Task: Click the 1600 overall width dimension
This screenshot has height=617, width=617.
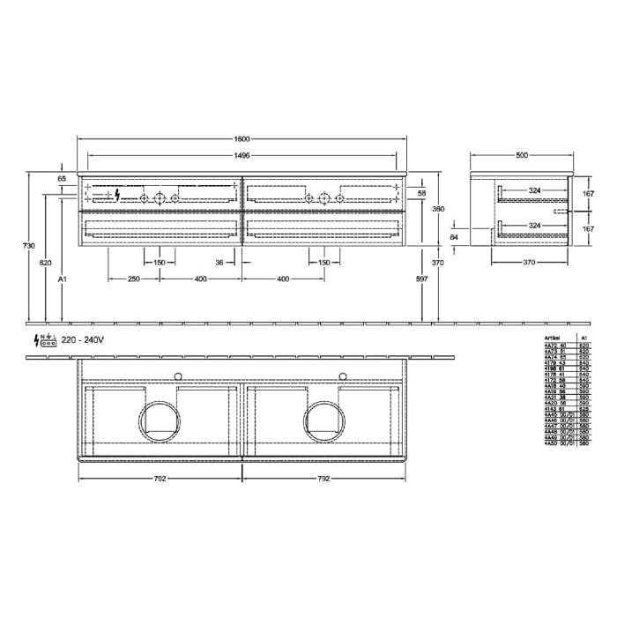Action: pyautogui.click(x=242, y=138)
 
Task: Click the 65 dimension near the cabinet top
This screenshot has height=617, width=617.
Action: pyautogui.click(x=62, y=179)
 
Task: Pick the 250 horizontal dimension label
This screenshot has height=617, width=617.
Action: pyautogui.click(x=133, y=279)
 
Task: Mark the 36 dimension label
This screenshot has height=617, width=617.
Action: pyautogui.click(x=219, y=262)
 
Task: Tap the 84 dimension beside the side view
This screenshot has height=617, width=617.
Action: pyautogui.click(x=454, y=237)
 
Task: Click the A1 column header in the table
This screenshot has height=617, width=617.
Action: pyautogui.click(x=583, y=338)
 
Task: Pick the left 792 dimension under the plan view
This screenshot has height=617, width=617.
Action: pyautogui.click(x=160, y=479)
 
